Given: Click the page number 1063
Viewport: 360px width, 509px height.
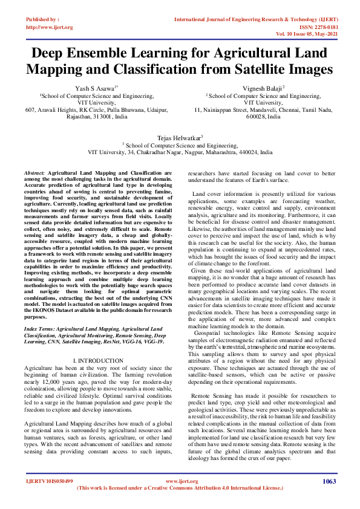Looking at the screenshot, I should (x=329, y=481).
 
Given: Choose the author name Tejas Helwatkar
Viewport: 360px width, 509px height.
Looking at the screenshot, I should (x=180, y=138).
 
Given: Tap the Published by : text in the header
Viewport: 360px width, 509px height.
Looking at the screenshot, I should (x=42, y=19).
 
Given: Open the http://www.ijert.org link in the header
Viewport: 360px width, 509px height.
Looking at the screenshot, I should (x=49, y=27).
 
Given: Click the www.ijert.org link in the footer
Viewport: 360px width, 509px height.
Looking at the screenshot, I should (x=180, y=481).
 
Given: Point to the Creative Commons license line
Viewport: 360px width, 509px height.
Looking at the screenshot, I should (x=180, y=488).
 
